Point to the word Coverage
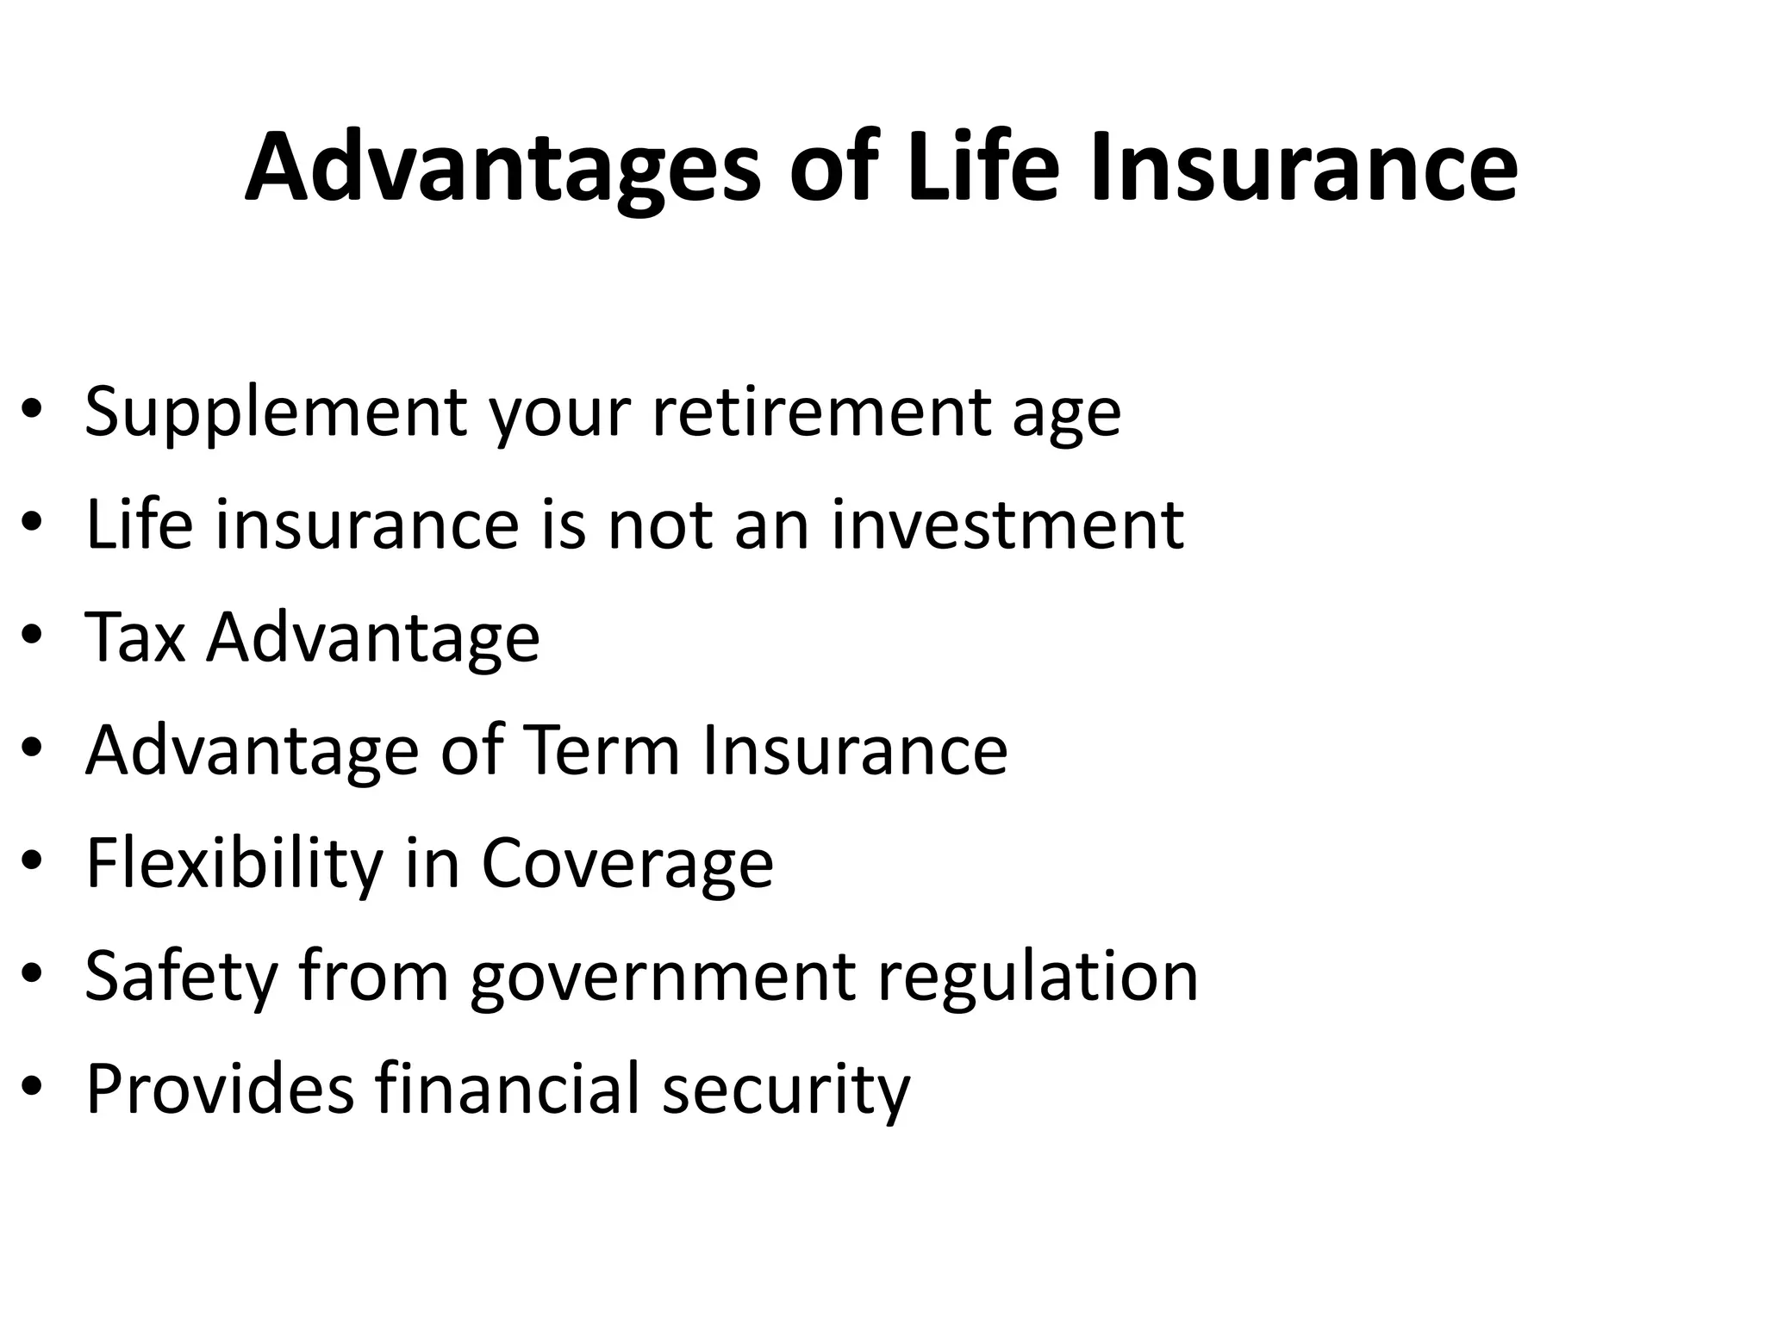point(627,865)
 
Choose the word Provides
point(221,1089)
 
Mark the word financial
point(508,1089)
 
